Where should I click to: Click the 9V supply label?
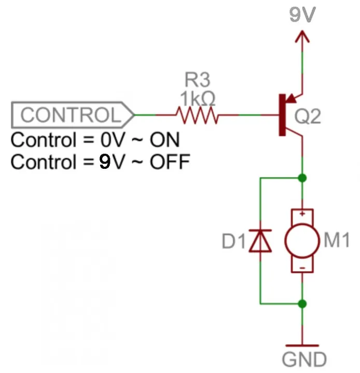click(x=302, y=15)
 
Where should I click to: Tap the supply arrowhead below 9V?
click(x=302, y=36)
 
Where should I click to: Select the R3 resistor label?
click(x=198, y=80)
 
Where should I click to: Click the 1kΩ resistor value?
click(x=198, y=98)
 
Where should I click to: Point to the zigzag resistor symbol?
click(x=197, y=115)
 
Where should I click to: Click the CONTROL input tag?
click(x=73, y=115)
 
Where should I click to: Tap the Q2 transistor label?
click(x=308, y=117)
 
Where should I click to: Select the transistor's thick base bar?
click(x=282, y=115)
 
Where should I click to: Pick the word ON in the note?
click(x=164, y=140)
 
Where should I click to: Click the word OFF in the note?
click(x=170, y=162)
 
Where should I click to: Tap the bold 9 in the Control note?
click(x=105, y=162)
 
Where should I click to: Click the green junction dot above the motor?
click(x=302, y=178)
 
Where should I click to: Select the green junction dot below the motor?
click(x=302, y=304)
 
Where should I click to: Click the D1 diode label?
click(x=234, y=241)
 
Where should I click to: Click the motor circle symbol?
click(x=302, y=240)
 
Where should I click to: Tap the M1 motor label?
click(x=337, y=240)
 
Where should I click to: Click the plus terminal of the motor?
click(x=302, y=214)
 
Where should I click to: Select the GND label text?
click(x=304, y=359)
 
